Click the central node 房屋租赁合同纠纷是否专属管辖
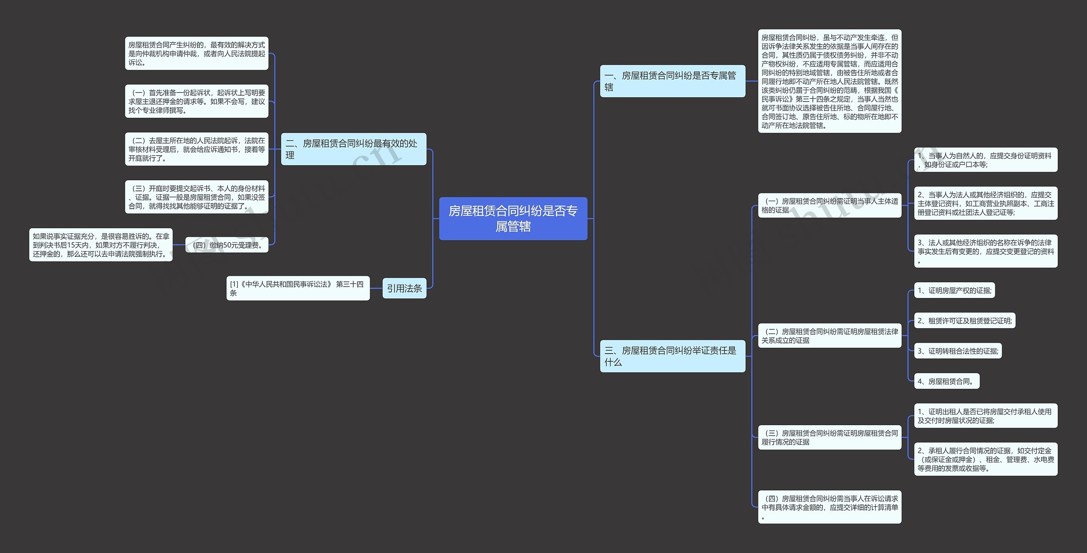point(513,218)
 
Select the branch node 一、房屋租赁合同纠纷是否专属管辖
point(672,81)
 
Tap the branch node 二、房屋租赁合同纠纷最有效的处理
point(353,149)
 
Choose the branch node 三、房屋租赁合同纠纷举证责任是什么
point(672,356)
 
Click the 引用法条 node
point(404,288)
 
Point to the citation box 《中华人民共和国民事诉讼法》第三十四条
point(298,288)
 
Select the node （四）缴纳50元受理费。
point(227,245)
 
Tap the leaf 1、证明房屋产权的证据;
point(954,291)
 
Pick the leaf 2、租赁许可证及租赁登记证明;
point(964,321)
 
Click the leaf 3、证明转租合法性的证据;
point(957,351)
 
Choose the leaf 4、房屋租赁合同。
point(946,381)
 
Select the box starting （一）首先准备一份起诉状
point(197,101)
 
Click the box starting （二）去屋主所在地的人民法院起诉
point(197,149)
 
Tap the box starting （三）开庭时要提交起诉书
point(197,197)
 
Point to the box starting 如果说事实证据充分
point(101,245)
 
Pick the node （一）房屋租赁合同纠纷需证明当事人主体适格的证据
point(829,205)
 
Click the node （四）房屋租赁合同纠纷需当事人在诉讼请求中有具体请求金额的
point(829,507)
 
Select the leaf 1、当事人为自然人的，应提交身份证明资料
point(986,160)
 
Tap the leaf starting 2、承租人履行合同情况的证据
point(986,459)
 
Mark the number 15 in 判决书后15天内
point(71,245)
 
